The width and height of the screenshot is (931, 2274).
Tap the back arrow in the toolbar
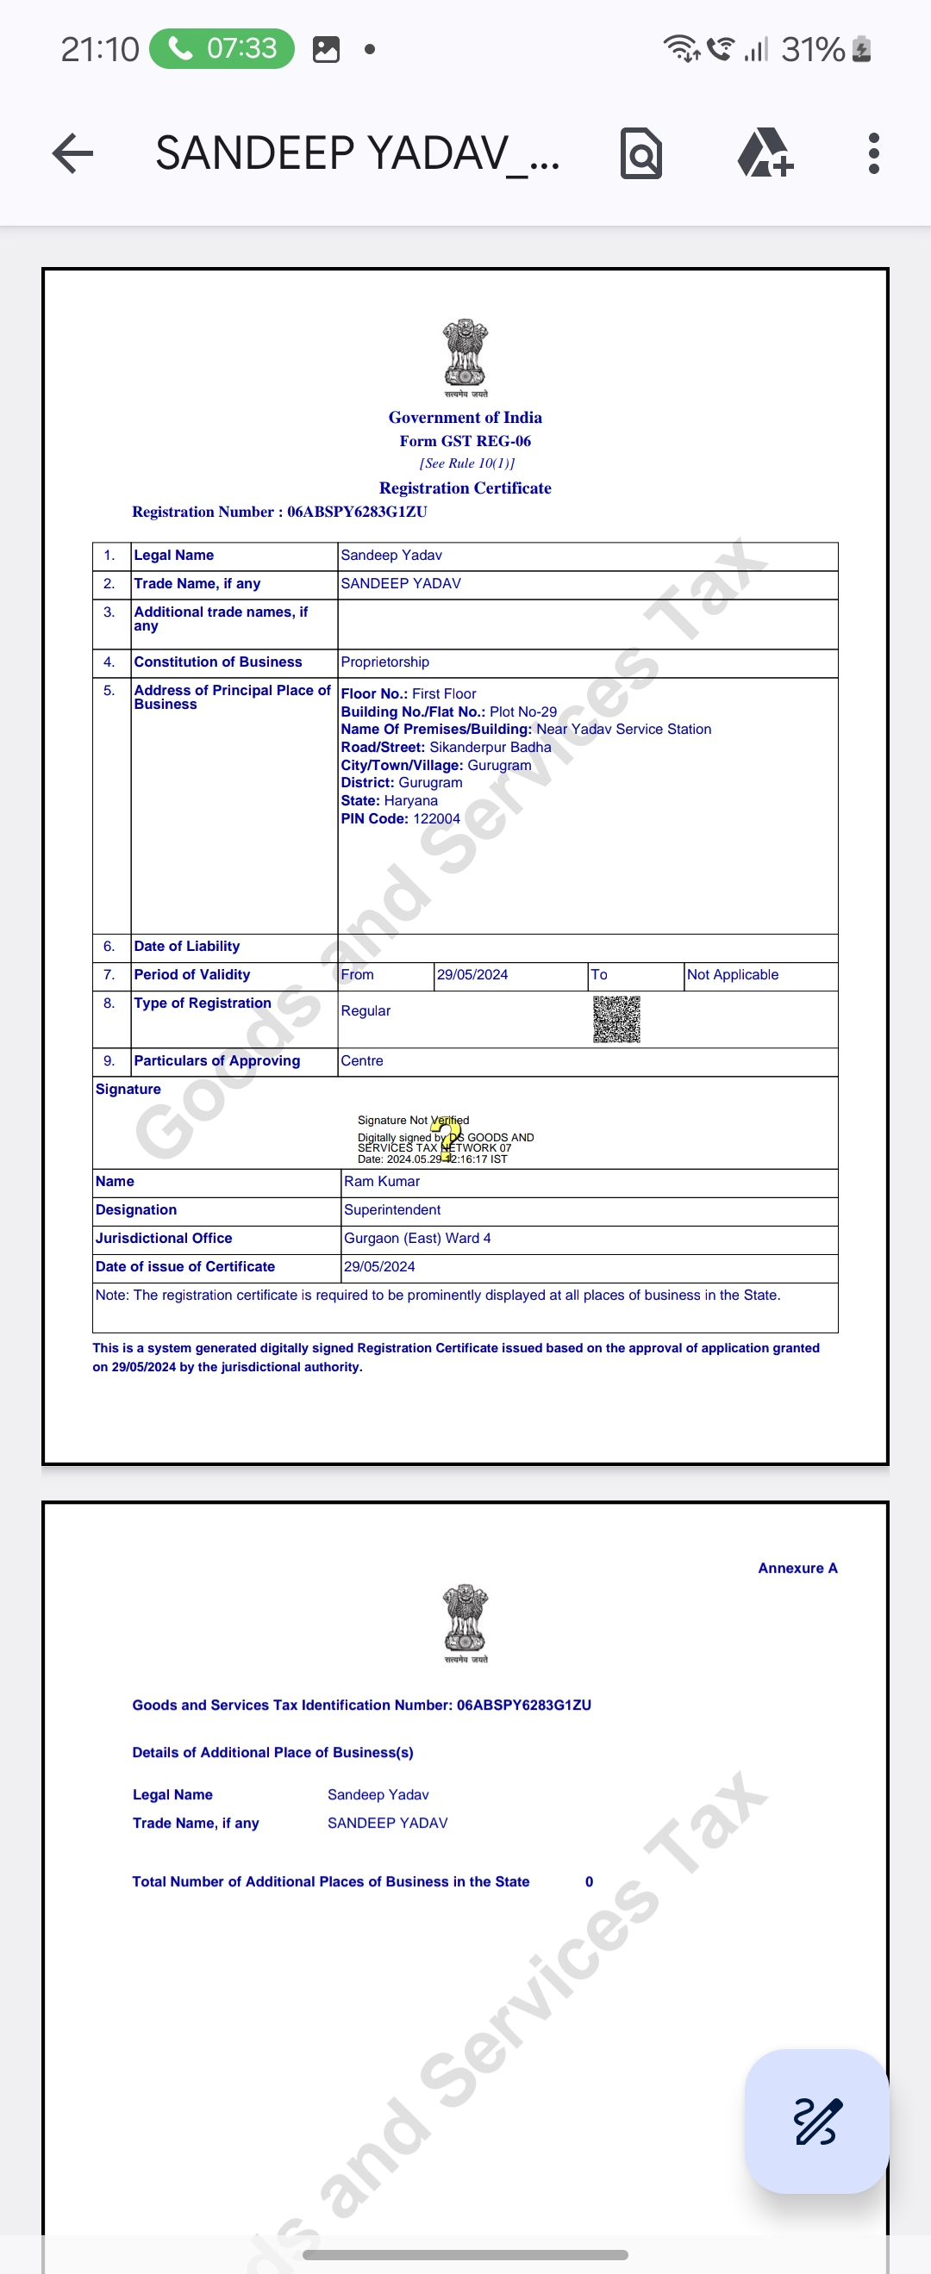pos(73,153)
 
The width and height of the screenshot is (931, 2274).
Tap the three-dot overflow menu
pos(872,153)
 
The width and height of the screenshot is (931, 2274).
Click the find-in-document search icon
pos(641,153)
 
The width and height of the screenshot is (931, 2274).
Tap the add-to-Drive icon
pos(764,153)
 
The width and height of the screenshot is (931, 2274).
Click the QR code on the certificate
pos(615,1020)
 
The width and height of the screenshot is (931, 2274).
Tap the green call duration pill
pos(222,47)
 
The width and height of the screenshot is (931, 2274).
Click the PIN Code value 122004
pos(436,818)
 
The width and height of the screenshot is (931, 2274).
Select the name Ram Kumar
pos(382,1181)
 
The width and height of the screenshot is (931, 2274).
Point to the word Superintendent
pos(392,1209)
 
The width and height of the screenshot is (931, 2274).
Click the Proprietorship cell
pos(385,662)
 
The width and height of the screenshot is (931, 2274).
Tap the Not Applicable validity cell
pos(732,974)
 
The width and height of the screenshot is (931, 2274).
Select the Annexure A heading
pos(797,1568)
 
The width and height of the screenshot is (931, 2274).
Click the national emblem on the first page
pos(465,355)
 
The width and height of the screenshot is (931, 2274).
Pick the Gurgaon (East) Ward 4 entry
pos(417,1238)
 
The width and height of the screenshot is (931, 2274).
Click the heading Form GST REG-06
pos(465,440)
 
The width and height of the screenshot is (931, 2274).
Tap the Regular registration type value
pos(366,1010)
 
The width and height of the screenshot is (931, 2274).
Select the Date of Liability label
pos(186,947)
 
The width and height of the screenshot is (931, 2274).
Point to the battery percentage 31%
pos(812,49)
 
